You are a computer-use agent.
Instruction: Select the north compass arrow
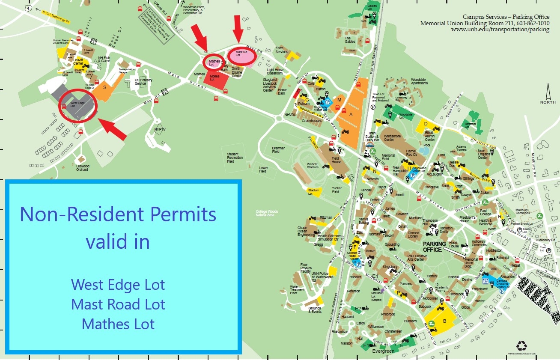point(548,92)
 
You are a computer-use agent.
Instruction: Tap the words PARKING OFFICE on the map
point(435,247)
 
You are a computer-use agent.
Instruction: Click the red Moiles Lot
point(217,80)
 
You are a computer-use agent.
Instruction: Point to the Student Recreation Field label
point(235,158)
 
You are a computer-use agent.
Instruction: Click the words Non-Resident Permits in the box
point(118,214)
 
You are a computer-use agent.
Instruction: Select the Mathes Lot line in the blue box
point(118,324)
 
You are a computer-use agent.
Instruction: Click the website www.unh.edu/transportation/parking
point(500,29)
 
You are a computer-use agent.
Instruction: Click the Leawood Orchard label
point(82,168)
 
